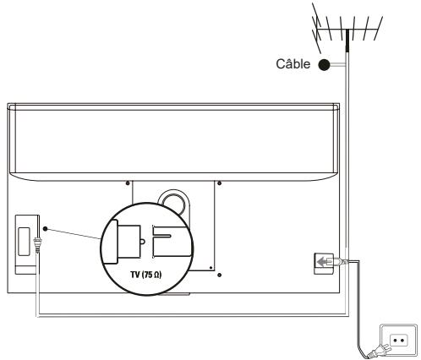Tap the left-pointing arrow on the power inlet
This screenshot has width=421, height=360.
pos(320,262)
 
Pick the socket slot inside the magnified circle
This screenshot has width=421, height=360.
pos(167,239)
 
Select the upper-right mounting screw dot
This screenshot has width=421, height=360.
pos(219,183)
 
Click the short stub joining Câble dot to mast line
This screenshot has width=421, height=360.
pos(336,64)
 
